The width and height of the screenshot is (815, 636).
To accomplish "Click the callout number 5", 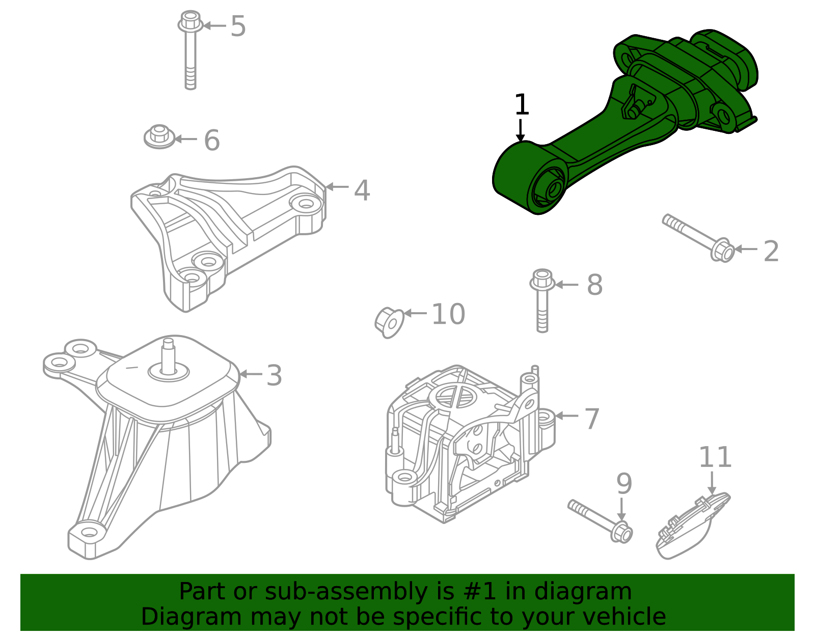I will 238,26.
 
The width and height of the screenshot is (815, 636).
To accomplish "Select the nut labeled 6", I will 159,136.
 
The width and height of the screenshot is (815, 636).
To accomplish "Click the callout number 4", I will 362,190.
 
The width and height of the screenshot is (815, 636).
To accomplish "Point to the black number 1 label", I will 522,105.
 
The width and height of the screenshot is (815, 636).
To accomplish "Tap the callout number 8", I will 594,285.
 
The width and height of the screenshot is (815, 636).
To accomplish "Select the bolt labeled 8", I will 542,300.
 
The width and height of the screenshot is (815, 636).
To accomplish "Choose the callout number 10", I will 448,314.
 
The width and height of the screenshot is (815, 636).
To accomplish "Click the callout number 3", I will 274,376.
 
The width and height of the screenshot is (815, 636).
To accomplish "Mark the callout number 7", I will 591,419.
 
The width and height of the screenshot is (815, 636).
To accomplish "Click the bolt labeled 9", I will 601,520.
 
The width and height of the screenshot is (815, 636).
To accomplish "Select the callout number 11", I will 715,457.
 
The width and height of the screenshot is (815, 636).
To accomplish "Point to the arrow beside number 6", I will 186,139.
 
